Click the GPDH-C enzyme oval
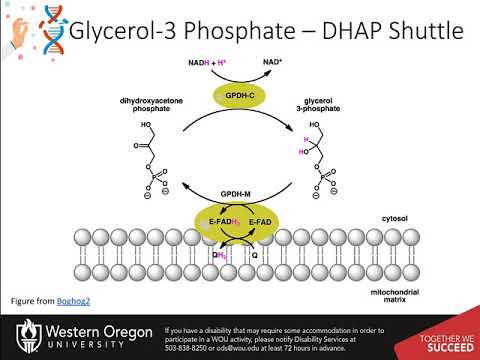coord(241,96)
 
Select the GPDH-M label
coord(241,189)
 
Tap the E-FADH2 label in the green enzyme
coord(221,220)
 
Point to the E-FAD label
coord(261,220)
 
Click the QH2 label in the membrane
coord(218,255)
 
